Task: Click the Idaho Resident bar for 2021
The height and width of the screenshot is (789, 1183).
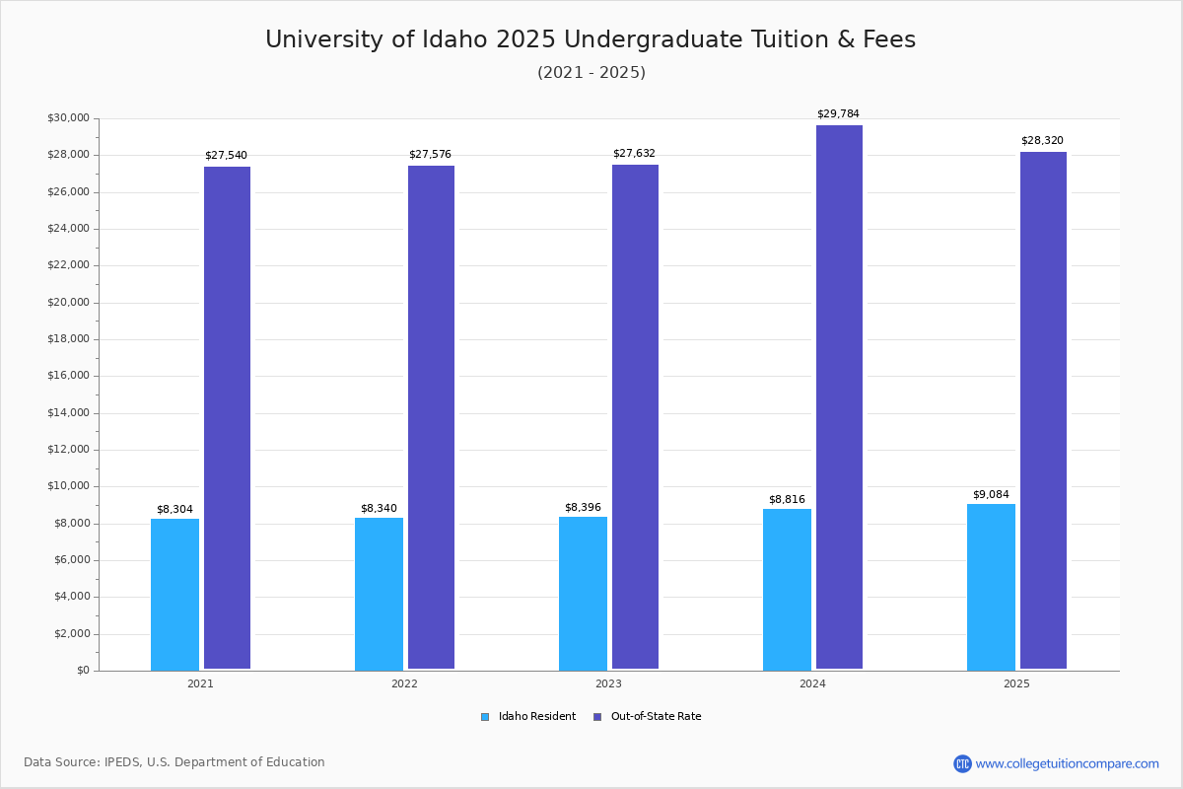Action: point(174,595)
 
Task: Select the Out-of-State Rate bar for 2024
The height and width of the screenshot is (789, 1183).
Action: point(839,396)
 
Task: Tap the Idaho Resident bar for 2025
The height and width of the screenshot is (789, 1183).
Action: point(991,587)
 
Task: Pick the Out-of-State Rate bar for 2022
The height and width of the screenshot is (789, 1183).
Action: point(431,417)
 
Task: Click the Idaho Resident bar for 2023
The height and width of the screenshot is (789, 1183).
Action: point(583,594)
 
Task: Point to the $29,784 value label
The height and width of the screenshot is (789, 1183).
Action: point(838,113)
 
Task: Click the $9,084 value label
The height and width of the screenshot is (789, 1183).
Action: point(991,494)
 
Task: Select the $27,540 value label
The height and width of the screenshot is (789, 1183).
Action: point(226,155)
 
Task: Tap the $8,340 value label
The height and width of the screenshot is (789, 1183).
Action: point(379,508)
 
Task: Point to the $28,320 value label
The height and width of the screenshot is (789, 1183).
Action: point(1042,140)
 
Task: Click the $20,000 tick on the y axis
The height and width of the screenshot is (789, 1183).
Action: point(69,302)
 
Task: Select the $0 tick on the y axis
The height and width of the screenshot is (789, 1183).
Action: point(84,670)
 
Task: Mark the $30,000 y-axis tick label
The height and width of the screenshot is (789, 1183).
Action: point(69,117)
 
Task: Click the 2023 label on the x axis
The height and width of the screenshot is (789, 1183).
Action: point(608,683)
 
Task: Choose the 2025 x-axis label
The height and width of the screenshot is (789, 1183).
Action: point(1016,683)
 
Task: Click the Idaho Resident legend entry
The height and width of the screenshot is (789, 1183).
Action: point(528,716)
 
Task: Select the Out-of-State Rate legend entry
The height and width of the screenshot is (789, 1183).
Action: point(648,716)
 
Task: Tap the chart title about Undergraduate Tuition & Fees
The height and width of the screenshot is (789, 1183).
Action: point(591,39)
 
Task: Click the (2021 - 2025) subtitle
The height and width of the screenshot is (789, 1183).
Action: point(591,72)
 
